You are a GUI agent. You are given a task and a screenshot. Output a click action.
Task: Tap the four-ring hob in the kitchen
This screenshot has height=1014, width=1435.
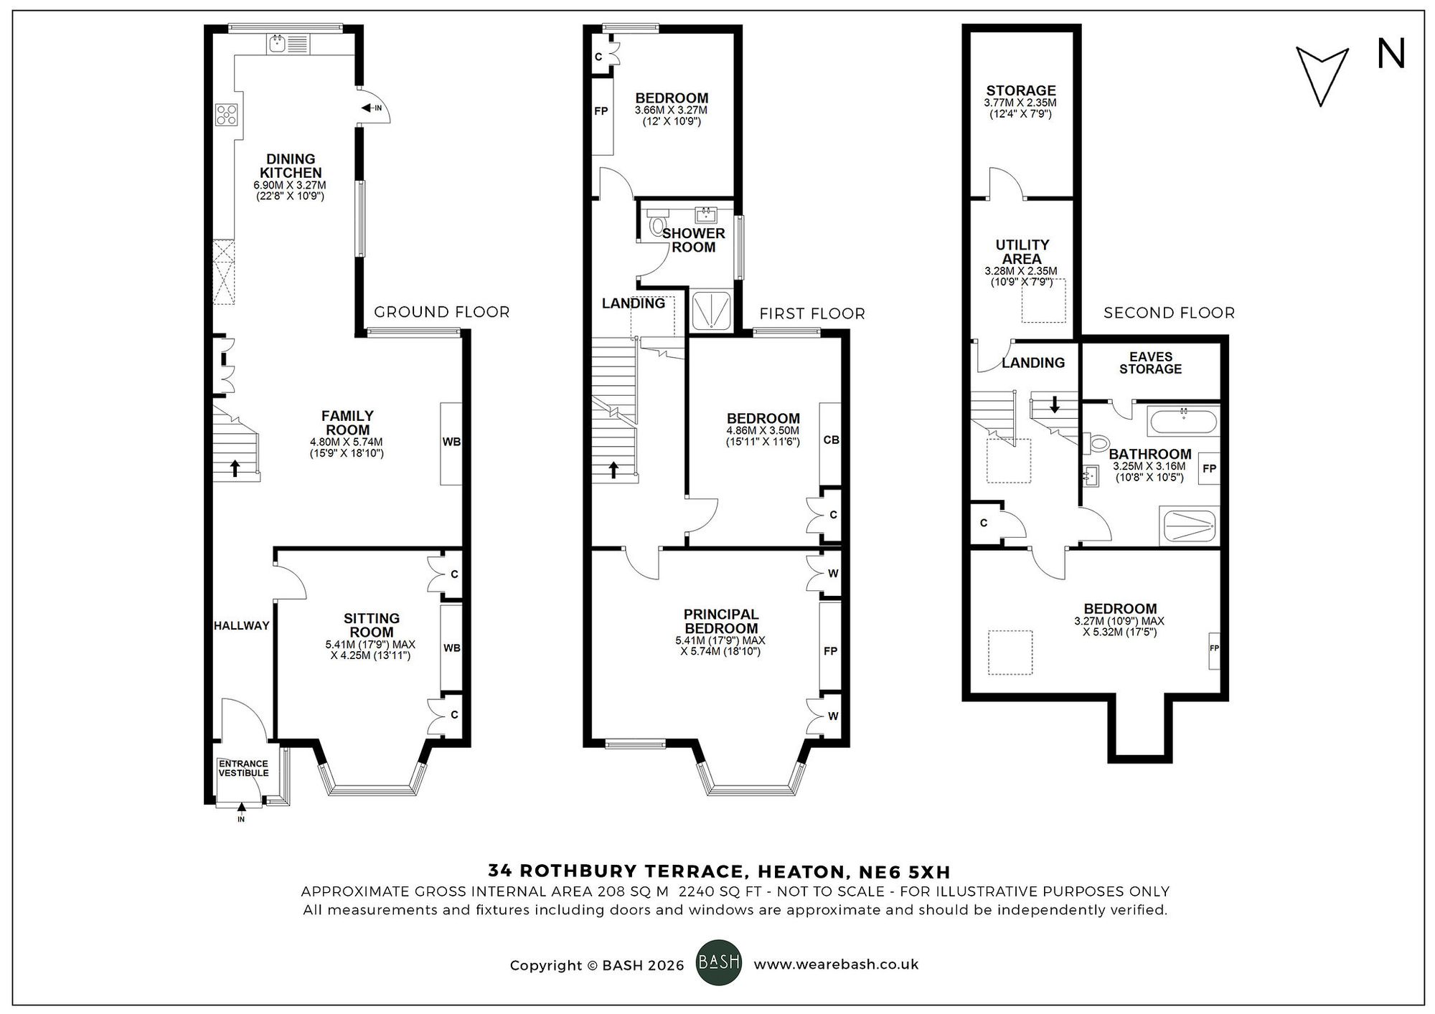pyautogui.click(x=227, y=114)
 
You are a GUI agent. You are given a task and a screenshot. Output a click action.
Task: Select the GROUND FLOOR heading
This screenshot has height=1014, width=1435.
pyautogui.click(x=441, y=312)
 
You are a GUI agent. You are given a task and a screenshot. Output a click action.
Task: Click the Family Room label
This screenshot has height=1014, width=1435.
pyautogui.click(x=347, y=422)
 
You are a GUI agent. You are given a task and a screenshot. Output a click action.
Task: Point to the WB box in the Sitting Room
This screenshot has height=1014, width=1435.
pyautogui.click(x=451, y=648)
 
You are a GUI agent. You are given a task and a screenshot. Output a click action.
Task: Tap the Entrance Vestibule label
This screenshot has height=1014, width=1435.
pyautogui.click(x=243, y=768)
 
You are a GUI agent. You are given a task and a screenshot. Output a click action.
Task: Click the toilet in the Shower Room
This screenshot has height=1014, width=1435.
pyautogui.click(x=657, y=227)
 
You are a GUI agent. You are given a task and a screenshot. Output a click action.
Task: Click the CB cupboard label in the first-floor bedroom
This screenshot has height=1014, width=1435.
pyautogui.click(x=831, y=440)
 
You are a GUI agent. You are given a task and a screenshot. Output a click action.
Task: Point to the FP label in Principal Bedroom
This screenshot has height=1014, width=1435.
pyautogui.click(x=830, y=651)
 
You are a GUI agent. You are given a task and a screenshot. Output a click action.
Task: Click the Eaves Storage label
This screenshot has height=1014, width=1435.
pyautogui.click(x=1150, y=363)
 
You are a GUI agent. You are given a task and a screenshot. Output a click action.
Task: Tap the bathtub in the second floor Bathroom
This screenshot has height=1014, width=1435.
pyautogui.click(x=1183, y=422)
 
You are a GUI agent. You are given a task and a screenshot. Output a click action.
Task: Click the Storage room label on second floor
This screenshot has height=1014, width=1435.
pyautogui.click(x=1020, y=90)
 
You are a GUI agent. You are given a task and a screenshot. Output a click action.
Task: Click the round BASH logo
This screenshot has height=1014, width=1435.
pyautogui.click(x=719, y=962)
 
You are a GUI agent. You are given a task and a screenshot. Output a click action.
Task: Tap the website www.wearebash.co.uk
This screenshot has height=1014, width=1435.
pyautogui.click(x=836, y=965)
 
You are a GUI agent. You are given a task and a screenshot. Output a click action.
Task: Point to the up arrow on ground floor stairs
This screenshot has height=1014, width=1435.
pyautogui.click(x=235, y=468)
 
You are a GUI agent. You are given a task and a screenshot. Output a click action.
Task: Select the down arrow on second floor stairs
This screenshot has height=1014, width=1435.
pyautogui.click(x=1054, y=405)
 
